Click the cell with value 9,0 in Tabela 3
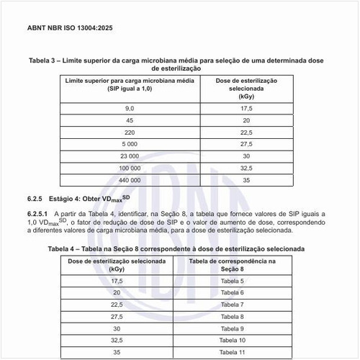[130, 108]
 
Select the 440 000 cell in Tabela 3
[130, 180]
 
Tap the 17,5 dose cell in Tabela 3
[246, 108]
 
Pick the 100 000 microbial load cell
[130, 168]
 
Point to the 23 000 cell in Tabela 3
[130, 156]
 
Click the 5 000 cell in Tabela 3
[130, 144]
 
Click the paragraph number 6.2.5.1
[37, 214]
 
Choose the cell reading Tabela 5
[232, 281]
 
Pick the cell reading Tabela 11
[232, 352]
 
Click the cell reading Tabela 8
[232, 316]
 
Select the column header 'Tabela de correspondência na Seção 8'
[232, 264]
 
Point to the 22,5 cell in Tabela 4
[117, 305]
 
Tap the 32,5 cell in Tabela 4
[117, 340]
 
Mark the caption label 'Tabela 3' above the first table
[43, 61]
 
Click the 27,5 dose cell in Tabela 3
[246, 144]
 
